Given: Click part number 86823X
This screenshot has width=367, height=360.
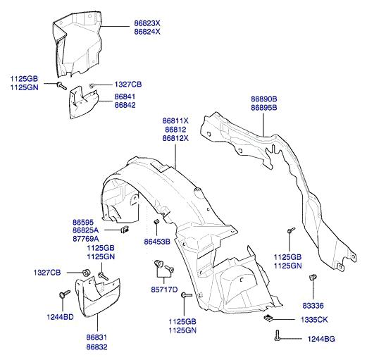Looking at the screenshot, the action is tap(147, 23).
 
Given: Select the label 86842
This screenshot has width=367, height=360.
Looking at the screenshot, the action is tap(125, 105).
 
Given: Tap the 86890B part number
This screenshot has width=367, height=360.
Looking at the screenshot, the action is tap(264, 99).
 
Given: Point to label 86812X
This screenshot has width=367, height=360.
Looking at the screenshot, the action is tap(175, 138).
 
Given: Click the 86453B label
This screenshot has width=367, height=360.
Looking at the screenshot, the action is tap(157, 242).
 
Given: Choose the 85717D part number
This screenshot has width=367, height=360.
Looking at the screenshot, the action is tap(164, 290).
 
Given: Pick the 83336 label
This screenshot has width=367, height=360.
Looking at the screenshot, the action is tap(313, 306).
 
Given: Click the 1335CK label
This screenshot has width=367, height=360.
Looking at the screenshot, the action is tap(314, 320).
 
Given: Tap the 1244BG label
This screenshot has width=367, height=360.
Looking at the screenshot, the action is tap(321, 339).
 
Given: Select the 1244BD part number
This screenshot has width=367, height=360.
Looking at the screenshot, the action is tap(61, 317).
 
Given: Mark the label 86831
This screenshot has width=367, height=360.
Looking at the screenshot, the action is tap(97, 337).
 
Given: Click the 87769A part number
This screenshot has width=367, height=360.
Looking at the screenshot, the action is tap(86, 239).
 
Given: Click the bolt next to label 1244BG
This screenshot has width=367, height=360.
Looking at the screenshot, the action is tap(278, 335).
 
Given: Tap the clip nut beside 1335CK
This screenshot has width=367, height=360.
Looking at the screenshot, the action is tap(268, 318).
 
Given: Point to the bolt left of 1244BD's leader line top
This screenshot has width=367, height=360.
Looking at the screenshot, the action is tap(64, 294).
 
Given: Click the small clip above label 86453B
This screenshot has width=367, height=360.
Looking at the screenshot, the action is tap(156, 221).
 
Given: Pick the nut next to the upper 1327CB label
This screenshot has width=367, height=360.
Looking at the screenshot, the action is tap(92, 85).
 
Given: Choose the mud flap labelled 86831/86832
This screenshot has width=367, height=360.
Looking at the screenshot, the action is tap(98, 297).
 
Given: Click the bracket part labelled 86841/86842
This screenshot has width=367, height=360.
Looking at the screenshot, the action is tap(84, 103).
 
